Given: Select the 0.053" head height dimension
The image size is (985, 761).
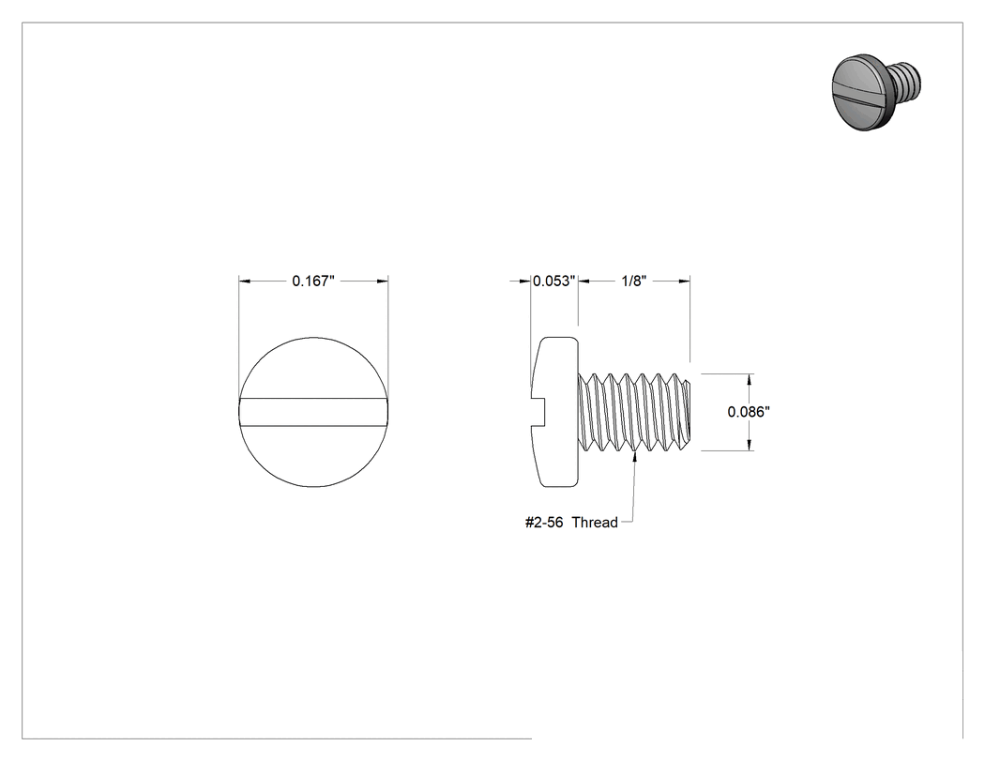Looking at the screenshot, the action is point(554,281).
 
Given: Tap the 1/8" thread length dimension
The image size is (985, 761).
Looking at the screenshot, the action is point(634,281).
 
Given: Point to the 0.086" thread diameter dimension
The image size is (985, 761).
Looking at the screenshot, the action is point(749,412).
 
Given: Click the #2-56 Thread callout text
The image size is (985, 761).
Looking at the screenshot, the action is point(571,523).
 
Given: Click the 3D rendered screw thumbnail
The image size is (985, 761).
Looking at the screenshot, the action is point(877,92).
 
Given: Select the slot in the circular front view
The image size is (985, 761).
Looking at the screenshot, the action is point(313,412).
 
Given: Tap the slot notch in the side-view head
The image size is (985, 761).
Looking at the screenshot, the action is point(540,412).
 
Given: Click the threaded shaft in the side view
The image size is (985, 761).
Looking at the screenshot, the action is point(634,412).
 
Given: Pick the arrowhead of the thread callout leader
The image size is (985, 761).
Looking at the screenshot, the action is point(635,457).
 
